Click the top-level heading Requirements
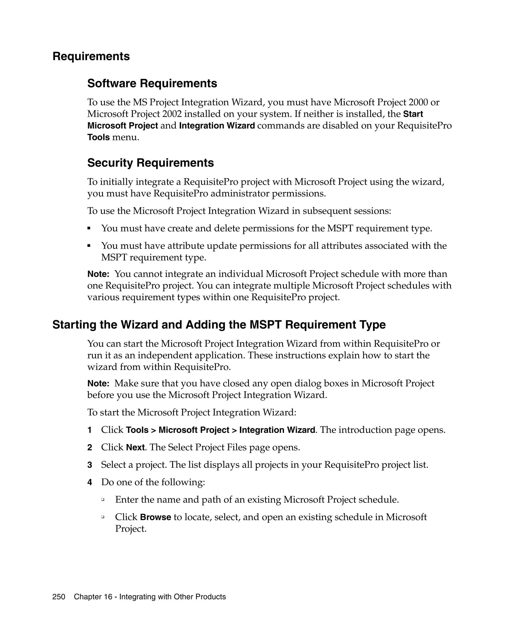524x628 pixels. (x=91, y=56)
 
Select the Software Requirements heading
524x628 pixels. (x=152, y=84)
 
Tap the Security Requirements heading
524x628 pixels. (x=151, y=163)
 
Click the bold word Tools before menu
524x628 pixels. (x=99, y=137)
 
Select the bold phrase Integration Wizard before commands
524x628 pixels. (x=217, y=126)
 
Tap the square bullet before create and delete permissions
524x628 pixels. (x=89, y=228)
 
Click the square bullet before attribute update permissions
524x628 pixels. (x=89, y=246)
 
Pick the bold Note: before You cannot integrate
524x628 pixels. (x=98, y=274)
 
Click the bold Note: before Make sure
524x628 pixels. (x=98, y=383)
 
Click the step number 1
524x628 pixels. (x=90, y=430)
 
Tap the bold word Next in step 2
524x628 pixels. (x=135, y=448)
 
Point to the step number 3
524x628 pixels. (x=90, y=465)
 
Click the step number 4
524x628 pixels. (x=90, y=482)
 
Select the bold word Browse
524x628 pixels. (x=155, y=517)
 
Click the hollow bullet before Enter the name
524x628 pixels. (x=103, y=499)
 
